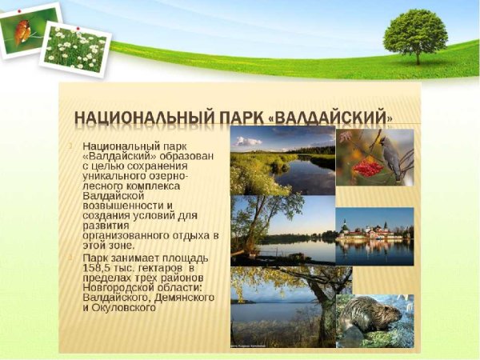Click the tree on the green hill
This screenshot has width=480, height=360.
(415, 35)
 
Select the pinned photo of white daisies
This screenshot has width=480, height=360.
(76, 48)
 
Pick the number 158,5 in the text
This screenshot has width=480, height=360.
(98, 269)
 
